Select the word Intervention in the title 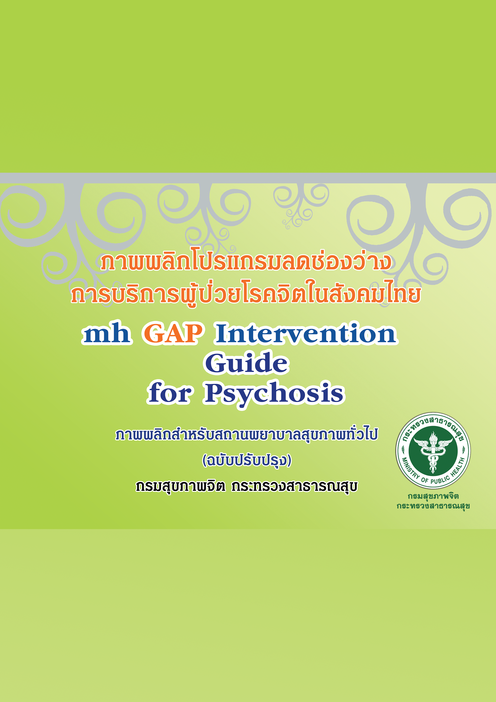306,333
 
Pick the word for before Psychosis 170,393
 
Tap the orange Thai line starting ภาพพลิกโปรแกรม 246,262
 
